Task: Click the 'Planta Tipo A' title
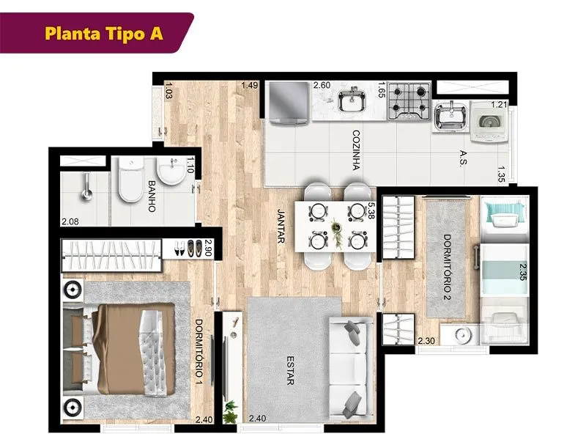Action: [x=104, y=33]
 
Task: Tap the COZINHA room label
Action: [x=356, y=150]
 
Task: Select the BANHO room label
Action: [x=152, y=196]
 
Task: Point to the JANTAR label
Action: [x=281, y=226]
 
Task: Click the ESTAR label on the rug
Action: [x=290, y=370]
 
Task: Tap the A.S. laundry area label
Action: [x=464, y=158]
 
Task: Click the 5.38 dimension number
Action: [x=371, y=211]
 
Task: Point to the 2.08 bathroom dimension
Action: [x=70, y=221]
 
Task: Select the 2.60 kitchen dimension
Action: [x=322, y=85]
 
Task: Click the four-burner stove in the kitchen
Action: [x=409, y=101]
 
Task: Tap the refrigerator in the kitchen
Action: [x=288, y=103]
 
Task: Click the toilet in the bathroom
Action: [x=130, y=179]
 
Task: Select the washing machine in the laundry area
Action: [x=489, y=121]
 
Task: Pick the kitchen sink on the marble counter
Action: [x=352, y=100]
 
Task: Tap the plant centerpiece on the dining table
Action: [x=338, y=233]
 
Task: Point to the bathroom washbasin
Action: [x=171, y=171]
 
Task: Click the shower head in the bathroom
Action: [x=87, y=187]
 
